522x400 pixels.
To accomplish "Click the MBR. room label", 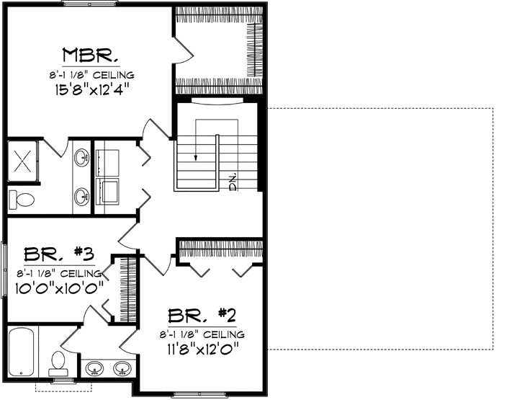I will pos(90,55).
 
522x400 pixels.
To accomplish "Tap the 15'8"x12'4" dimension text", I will pos(91,89).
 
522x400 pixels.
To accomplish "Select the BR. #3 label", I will pos(55,254).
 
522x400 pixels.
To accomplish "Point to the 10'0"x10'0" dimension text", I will pos(55,286).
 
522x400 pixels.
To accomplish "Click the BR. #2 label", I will pos(202,316).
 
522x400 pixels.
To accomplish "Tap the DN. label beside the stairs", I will pos(233,184).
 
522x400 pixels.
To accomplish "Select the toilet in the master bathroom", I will pos(22,198).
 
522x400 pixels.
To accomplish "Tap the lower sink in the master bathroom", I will pos(82,195).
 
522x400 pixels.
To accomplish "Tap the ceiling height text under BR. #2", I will pos(202,334).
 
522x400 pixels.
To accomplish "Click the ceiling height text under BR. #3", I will pos(55,272).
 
